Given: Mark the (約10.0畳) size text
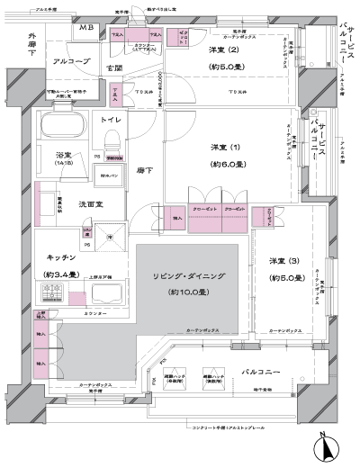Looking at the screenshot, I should [x=190, y=292].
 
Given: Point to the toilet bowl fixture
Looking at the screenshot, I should [x=112, y=142].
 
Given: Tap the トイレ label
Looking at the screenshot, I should [x=112, y=119].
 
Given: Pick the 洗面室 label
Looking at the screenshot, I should [x=88, y=204].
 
